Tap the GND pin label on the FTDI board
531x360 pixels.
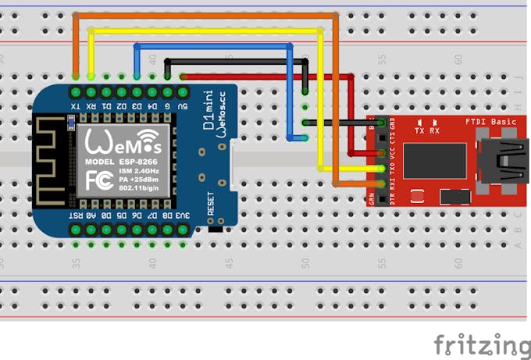pos(392,124)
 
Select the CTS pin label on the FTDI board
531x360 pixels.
pos(392,139)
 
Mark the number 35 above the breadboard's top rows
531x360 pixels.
pos(76,59)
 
